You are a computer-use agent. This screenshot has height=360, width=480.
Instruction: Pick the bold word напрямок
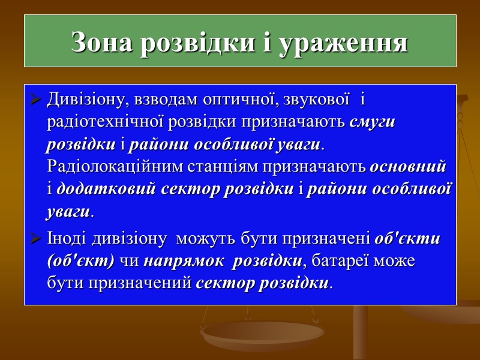(184, 261)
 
